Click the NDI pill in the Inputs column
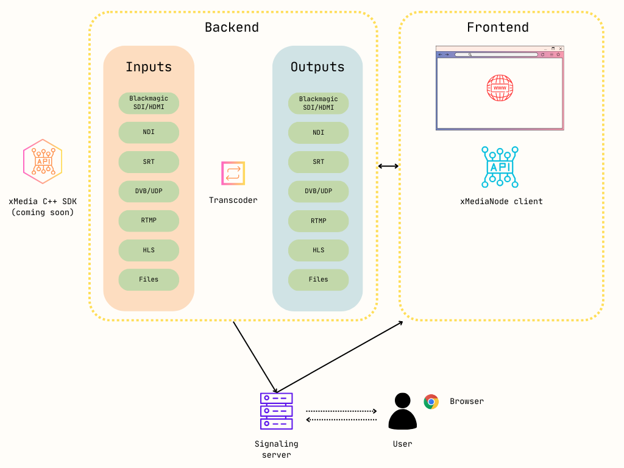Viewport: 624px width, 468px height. [149, 132]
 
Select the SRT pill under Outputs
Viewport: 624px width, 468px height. [318, 162]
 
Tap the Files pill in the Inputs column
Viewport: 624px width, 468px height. [149, 280]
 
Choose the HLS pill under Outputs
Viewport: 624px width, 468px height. [318, 250]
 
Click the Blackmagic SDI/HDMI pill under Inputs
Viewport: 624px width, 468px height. [149, 103]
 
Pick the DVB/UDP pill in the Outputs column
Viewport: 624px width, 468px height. [318, 191]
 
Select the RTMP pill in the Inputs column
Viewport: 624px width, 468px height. [149, 221]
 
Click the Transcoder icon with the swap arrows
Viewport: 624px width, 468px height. [233, 173]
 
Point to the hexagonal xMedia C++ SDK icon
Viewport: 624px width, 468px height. [43, 161]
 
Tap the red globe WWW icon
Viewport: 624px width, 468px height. [500, 88]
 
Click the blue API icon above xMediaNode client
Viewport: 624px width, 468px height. [500, 166]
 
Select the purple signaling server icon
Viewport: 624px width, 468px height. [277, 411]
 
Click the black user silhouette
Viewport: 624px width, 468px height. [402, 411]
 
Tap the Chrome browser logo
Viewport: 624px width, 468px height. [431, 402]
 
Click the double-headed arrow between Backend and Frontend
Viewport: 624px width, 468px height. [388, 166]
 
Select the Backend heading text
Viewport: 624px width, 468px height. [232, 27]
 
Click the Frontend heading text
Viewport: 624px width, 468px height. [498, 27]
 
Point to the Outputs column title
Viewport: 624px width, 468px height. [317, 67]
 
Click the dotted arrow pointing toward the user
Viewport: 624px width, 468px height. [341, 411]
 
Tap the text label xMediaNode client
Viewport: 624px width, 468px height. [501, 201]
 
